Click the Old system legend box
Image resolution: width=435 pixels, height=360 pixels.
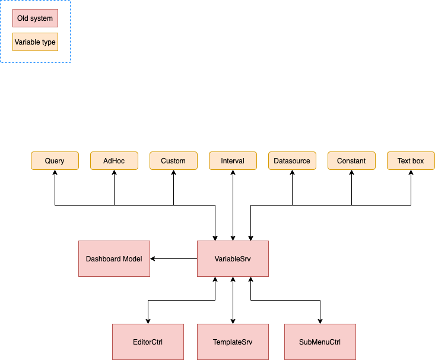pyautogui.click(x=35, y=18)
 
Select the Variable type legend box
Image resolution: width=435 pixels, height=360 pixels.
pyautogui.click(x=35, y=42)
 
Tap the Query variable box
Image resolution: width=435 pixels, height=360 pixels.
pyautogui.click(x=55, y=161)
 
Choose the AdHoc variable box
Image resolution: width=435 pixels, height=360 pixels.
pyautogui.click(x=114, y=161)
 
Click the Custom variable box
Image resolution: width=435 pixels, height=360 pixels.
pyautogui.click(x=173, y=161)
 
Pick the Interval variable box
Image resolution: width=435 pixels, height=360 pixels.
pyautogui.click(x=233, y=161)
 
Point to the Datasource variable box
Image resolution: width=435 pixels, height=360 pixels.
pyautogui.click(x=292, y=161)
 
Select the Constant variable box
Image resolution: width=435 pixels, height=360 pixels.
pyautogui.click(x=351, y=161)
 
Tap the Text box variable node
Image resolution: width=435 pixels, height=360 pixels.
pyautogui.click(x=411, y=161)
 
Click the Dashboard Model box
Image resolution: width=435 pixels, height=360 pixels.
pyautogui.click(x=114, y=259)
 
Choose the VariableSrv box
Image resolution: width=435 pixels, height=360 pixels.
pyautogui.click(x=233, y=259)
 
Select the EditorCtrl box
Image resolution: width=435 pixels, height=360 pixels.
pyautogui.click(x=148, y=342)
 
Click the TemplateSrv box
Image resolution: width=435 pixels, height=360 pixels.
pyautogui.click(x=233, y=342)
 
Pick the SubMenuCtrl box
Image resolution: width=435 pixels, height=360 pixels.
pyautogui.click(x=320, y=342)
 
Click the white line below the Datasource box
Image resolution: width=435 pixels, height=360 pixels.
pyautogui.click(x=291, y=190)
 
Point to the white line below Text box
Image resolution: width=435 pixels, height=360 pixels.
pyautogui.click(x=410, y=190)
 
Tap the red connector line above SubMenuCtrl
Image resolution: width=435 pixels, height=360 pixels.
pyautogui.click(x=319, y=310)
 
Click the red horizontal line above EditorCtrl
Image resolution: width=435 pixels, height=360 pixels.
pyautogui.click(x=181, y=301)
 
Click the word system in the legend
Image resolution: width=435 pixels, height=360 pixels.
pyautogui.click(x=42, y=18)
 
